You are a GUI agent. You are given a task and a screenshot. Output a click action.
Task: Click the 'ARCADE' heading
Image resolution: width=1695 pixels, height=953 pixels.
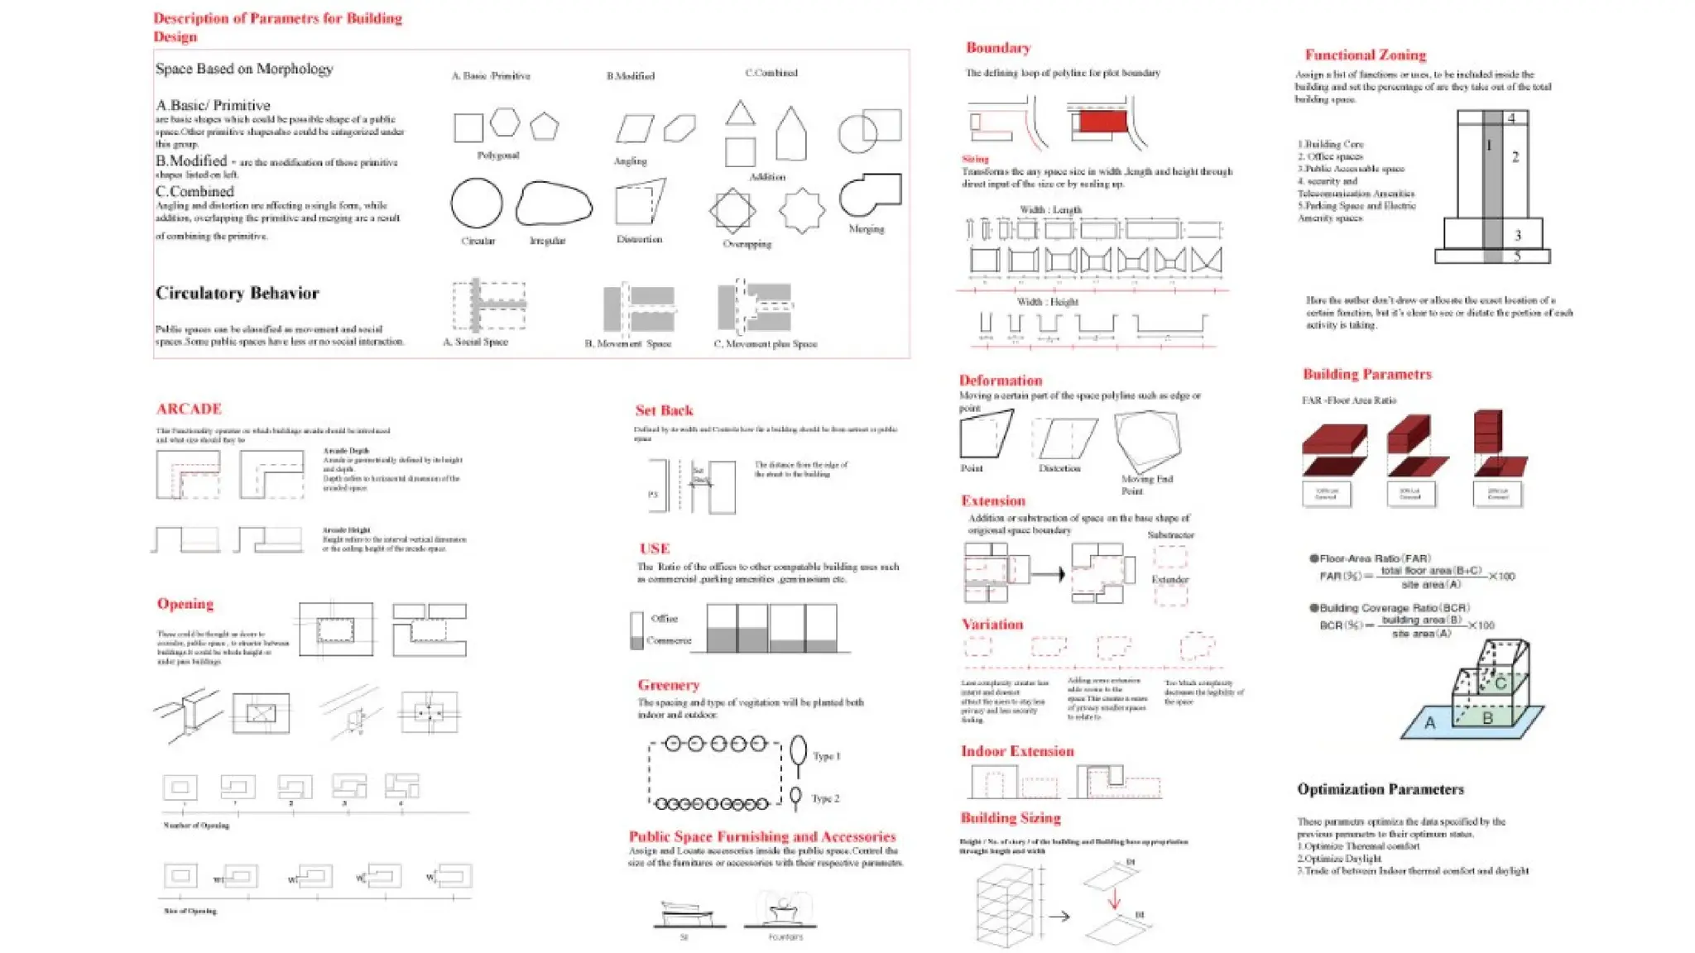[189, 409]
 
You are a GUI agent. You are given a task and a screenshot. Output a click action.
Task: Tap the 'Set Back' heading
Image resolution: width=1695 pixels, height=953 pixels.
[664, 410]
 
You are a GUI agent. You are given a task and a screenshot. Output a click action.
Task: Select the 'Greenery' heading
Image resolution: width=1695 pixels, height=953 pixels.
[668, 685]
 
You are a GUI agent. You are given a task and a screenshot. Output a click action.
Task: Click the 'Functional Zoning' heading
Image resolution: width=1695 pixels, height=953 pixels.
[1365, 55]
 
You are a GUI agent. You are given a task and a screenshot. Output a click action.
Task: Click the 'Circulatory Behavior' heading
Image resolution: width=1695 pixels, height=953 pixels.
[237, 293]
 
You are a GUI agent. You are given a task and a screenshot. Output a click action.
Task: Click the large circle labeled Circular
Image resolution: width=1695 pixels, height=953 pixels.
[477, 203]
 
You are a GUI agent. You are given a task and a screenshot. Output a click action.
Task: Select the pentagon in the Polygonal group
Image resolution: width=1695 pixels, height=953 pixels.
[544, 127]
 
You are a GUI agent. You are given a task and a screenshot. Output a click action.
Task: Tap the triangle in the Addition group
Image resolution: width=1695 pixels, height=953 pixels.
[740, 114]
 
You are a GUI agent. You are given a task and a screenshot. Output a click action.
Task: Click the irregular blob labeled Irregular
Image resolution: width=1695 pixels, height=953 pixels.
[553, 204]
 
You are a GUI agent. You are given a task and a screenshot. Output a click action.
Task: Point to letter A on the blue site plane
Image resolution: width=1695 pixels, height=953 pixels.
[1429, 723]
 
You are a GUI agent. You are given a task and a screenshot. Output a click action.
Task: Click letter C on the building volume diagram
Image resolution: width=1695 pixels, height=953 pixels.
[1500, 683]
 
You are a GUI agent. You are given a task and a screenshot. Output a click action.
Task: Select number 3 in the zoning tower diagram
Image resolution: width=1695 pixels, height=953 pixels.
[1517, 235]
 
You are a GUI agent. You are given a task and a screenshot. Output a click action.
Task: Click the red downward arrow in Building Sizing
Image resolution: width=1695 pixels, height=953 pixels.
[1114, 898]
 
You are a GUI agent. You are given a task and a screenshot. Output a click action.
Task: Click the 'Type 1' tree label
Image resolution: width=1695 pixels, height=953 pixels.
[826, 756]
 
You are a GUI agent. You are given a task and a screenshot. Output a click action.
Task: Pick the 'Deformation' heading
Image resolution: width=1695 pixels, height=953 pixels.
[1000, 381]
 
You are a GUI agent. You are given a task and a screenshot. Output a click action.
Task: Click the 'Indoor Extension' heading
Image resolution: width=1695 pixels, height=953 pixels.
[1016, 751]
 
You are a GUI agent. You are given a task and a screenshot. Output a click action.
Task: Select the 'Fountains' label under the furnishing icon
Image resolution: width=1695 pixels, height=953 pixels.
[785, 937]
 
